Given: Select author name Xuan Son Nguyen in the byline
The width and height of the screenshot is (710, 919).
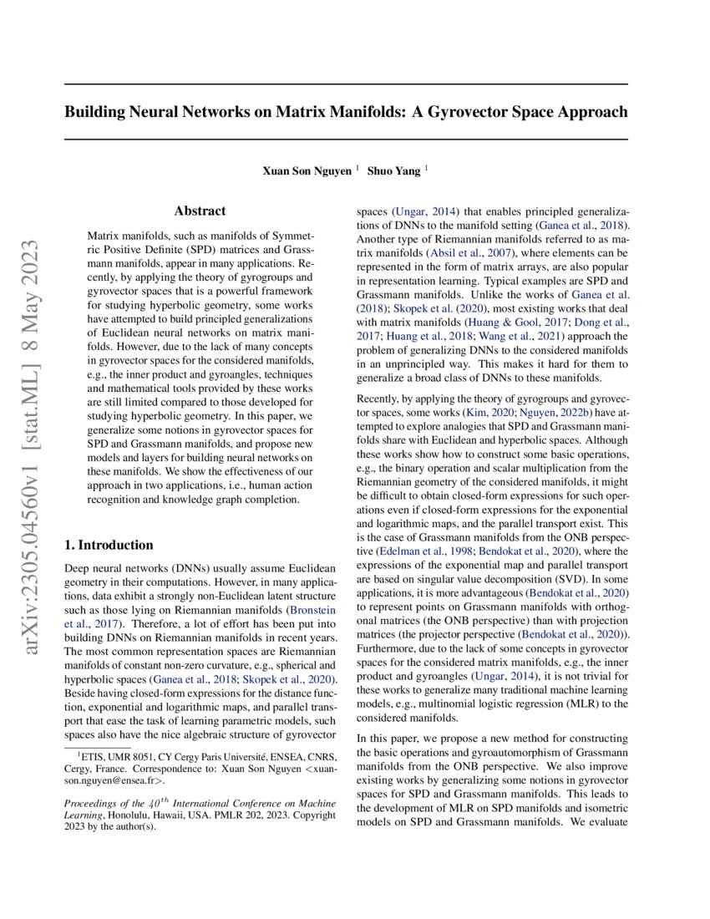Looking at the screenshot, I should tap(307, 170).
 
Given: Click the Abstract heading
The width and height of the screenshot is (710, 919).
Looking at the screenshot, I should tap(200, 211).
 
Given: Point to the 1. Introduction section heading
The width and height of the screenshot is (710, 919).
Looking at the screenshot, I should tap(109, 545).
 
